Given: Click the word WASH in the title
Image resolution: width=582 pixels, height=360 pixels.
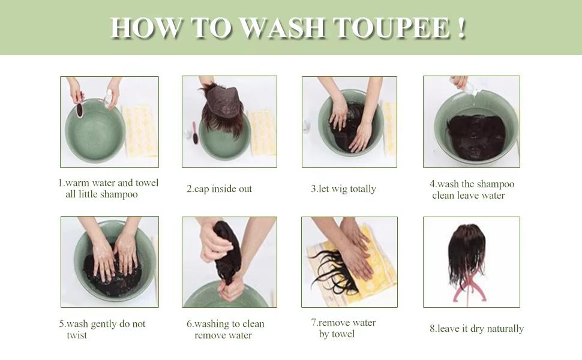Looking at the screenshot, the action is (283, 28).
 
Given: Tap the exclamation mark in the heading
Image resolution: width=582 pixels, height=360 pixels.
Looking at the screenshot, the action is (461, 27).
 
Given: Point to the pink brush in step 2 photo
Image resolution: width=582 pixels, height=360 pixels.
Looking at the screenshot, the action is (194, 133).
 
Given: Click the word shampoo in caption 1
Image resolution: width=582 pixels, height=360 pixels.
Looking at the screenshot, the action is (119, 194).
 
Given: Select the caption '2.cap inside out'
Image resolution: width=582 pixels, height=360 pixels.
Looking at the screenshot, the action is (219, 189).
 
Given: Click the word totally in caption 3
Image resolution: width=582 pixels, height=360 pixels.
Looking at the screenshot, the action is (363, 189).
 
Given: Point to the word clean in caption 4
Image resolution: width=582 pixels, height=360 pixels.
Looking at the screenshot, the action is (442, 196).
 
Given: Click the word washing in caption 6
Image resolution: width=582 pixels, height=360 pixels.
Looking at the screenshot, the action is (212, 324).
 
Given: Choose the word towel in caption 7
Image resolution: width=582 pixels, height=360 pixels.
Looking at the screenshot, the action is (342, 334).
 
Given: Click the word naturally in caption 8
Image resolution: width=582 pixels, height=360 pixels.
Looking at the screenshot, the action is (505, 329).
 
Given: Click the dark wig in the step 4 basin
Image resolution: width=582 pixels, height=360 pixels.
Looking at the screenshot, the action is (476, 137).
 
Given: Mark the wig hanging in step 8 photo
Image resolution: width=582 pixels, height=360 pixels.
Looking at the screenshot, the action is (466, 253).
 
